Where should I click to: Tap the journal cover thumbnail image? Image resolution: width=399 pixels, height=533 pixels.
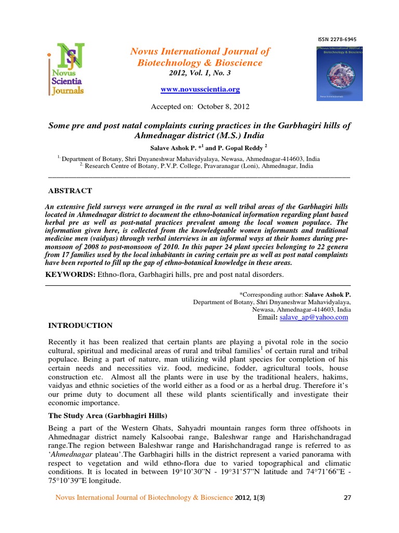339,72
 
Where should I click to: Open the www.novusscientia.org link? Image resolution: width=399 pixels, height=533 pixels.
200,90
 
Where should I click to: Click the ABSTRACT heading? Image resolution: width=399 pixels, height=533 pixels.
70,191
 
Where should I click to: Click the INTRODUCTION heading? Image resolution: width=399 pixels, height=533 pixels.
80,325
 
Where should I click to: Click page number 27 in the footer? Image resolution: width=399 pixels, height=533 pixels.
348,498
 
